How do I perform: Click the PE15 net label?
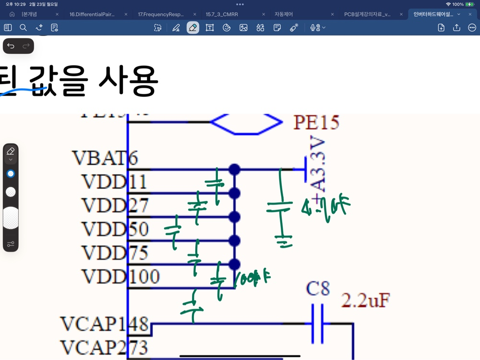click(x=316, y=122)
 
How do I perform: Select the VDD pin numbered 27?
click(x=115, y=205)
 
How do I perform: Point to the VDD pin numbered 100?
click(x=120, y=277)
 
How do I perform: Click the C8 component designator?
click(x=318, y=289)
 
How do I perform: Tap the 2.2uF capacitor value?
click(x=365, y=300)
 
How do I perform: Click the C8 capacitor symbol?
click(x=317, y=324)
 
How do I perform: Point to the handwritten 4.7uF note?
click(x=326, y=207)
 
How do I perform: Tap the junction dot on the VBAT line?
click(x=234, y=169)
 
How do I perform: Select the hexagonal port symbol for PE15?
click(x=246, y=122)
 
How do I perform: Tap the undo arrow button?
click(x=11, y=46)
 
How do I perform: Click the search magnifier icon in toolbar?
click(x=23, y=28)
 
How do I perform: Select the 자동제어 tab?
click(x=284, y=14)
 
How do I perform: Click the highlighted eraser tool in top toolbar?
click(x=193, y=28)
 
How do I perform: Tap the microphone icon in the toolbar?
click(x=314, y=28)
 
